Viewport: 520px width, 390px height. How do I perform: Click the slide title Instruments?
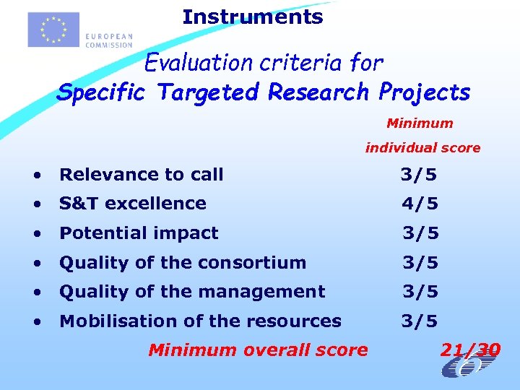[252, 17]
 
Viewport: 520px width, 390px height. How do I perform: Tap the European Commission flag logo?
[53, 30]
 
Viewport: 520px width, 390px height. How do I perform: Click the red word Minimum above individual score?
[420, 123]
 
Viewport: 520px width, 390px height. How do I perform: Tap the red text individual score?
[422, 148]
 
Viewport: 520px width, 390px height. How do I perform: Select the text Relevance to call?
[142, 175]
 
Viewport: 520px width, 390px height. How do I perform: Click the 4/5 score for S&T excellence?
[420, 204]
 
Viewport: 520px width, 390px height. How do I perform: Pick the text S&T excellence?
[133, 204]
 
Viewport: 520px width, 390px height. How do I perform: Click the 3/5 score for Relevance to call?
[420, 175]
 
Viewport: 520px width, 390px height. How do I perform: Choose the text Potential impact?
[139, 233]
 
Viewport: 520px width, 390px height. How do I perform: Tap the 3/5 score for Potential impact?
[420, 233]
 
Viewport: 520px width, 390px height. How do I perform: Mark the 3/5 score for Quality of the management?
[420, 292]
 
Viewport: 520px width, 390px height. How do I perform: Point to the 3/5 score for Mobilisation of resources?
[420, 321]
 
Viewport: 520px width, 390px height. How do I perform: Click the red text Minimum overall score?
[258, 350]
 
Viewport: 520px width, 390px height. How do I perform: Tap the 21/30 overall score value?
[470, 350]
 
